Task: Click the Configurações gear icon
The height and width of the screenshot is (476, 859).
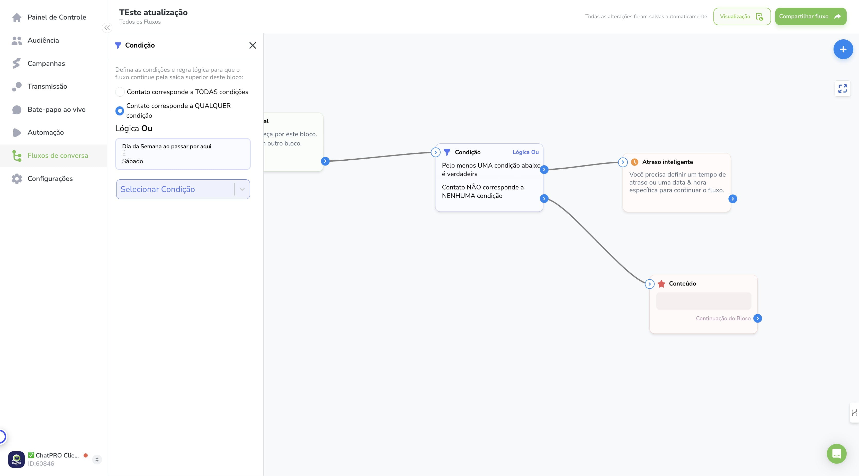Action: (x=17, y=179)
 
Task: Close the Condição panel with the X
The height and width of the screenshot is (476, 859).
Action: (x=253, y=45)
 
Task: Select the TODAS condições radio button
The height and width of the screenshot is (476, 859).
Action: (x=120, y=92)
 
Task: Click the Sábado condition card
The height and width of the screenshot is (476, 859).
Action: (x=183, y=154)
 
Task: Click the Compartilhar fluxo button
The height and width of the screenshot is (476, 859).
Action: (x=810, y=16)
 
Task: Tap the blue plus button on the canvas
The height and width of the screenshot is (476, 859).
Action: (x=843, y=49)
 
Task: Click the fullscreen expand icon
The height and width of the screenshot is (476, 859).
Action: (x=842, y=89)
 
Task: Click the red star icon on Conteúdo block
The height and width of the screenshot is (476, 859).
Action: (x=661, y=284)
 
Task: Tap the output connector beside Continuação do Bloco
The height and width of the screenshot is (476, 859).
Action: (x=757, y=318)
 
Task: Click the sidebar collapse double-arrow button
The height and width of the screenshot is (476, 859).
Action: (x=107, y=28)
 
